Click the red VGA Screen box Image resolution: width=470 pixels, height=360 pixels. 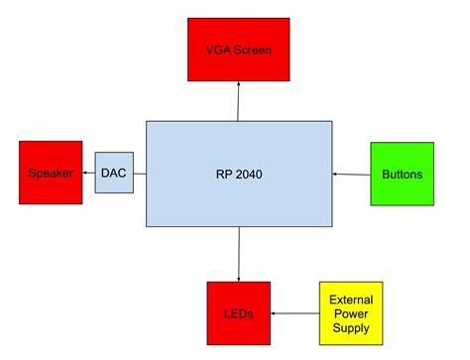click(238, 49)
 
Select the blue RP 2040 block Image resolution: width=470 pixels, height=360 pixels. click(239, 175)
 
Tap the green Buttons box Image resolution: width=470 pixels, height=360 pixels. click(402, 175)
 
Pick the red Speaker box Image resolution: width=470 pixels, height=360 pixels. click(51, 174)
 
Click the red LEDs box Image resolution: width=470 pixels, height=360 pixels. click(238, 313)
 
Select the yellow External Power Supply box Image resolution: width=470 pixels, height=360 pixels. click(350, 313)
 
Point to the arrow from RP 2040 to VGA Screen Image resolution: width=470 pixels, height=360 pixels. click(239, 101)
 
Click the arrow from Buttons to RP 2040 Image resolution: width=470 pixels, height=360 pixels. click(351, 175)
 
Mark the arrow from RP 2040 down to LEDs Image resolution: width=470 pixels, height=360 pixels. click(239, 255)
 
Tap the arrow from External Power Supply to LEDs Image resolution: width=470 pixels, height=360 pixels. click(294, 313)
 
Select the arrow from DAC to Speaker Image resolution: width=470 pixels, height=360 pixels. click(89, 175)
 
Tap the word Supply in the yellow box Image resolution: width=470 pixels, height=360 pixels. click(350, 328)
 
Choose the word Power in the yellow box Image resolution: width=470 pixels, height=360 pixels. click(350, 313)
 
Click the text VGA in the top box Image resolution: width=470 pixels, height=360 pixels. click(217, 49)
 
